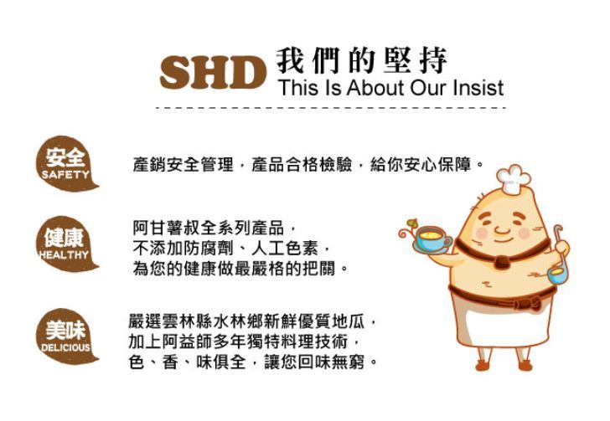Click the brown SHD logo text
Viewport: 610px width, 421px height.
pyautogui.click(x=213, y=72)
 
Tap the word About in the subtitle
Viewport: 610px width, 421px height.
pyautogui.click(x=375, y=88)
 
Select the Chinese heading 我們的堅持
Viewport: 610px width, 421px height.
pyautogui.click(x=362, y=60)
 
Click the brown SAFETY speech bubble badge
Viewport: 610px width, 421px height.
pyautogui.click(x=66, y=164)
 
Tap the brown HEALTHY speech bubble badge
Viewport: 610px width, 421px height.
pyautogui.click(x=66, y=244)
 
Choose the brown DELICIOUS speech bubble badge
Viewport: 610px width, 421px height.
pyautogui.click(x=66, y=336)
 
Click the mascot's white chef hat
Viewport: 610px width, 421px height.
pyautogui.click(x=513, y=178)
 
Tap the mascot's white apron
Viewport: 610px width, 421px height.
pyautogui.click(x=506, y=322)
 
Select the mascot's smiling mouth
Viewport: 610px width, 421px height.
pyautogui.click(x=502, y=234)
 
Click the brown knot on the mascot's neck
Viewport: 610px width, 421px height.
pyautogui.click(x=501, y=262)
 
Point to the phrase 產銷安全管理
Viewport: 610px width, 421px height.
pyautogui.click(x=183, y=165)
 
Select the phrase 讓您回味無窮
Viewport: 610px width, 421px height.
pyautogui.click(x=314, y=362)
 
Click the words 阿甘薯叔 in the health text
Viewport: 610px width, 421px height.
pyautogui.click(x=166, y=228)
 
